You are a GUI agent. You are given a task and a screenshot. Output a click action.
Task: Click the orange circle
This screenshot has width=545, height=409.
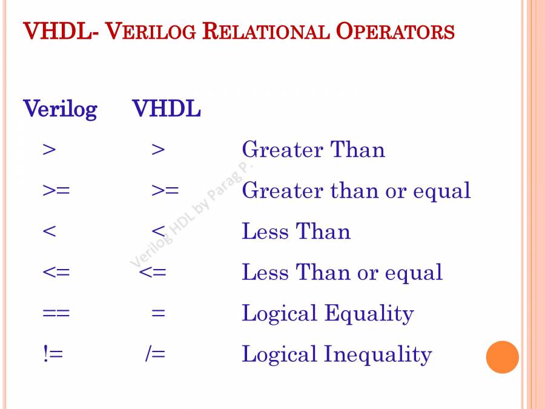click(x=502, y=357)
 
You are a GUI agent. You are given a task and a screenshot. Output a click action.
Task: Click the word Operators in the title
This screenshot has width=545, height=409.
click(x=395, y=31)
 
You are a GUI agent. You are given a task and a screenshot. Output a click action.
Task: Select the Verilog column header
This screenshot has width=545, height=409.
click(x=60, y=110)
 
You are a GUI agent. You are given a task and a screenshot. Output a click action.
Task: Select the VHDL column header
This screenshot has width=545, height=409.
click(x=167, y=108)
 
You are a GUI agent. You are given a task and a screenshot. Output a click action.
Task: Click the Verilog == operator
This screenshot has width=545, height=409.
click(x=56, y=313)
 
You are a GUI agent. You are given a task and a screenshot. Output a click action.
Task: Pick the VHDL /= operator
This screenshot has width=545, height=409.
click(x=156, y=354)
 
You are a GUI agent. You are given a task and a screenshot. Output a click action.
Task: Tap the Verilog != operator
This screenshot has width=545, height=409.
click(x=53, y=354)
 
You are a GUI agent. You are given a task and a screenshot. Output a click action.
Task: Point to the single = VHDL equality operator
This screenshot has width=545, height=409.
click(x=158, y=313)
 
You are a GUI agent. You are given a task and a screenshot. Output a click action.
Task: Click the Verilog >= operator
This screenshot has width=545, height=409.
click(x=56, y=190)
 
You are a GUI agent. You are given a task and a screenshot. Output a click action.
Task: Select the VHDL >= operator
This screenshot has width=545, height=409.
click(x=165, y=190)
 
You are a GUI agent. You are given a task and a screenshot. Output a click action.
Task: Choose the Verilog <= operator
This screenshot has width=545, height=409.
click(x=56, y=272)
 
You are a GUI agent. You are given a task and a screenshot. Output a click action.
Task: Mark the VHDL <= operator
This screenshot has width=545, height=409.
click(x=152, y=272)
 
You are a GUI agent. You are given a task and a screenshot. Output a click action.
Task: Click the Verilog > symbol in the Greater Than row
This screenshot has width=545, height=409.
click(x=49, y=150)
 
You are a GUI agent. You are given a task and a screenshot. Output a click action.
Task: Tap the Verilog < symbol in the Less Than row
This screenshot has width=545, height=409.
click(x=49, y=231)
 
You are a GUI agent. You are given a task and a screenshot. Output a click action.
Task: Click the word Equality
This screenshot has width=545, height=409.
click(x=369, y=313)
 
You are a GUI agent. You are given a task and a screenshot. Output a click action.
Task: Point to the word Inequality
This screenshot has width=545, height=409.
click(x=378, y=354)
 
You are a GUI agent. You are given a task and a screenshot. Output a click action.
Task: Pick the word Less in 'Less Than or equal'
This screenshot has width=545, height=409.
click(x=265, y=272)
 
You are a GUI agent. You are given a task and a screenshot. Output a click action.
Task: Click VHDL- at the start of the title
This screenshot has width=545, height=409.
click(x=61, y=31)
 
